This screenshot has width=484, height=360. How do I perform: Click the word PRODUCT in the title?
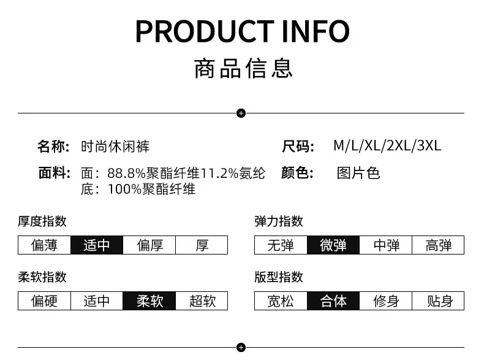205,31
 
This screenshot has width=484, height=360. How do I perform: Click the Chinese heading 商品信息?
243,68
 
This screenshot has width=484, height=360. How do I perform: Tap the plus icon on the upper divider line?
241,113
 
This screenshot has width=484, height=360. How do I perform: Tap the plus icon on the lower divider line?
241,347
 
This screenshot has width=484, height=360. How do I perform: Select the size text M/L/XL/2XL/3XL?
387,146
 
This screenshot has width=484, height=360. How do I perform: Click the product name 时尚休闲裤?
115,147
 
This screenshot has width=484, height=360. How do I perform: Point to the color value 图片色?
358,173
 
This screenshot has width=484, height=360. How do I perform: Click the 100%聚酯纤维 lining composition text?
151,189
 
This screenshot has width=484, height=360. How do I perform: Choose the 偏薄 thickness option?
45,245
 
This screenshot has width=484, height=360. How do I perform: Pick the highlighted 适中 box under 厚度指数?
97,245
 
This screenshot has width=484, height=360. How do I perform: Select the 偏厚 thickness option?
149,245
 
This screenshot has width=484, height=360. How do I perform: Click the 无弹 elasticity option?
281,245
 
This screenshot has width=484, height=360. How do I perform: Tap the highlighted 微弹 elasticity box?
333,245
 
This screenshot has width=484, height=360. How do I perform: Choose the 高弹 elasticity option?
438,245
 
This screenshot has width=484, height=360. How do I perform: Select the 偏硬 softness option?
45,301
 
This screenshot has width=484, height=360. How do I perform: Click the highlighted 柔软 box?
149,301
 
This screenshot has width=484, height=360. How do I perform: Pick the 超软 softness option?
202,301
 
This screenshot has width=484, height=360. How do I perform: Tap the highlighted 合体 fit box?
333,301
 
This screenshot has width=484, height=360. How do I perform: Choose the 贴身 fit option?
438,301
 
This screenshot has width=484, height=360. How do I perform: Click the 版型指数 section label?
279,277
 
